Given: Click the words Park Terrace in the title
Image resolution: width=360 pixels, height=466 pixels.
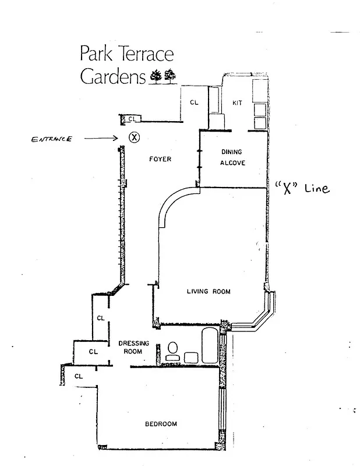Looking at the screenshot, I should point(126,54).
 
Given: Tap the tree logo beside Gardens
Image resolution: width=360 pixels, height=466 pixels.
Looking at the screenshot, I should point(163,76).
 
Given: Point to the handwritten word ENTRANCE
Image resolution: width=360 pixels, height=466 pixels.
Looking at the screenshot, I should point(52,139).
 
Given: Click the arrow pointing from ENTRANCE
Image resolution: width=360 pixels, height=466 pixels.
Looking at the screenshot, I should point(102,139).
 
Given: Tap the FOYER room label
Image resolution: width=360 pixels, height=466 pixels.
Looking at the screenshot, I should point(160,159).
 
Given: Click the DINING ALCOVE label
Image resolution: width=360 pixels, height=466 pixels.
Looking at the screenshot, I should point(232,157).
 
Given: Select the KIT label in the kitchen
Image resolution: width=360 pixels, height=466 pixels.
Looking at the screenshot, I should point(237,103).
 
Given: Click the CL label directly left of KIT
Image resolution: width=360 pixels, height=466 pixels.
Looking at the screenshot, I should point(194,103).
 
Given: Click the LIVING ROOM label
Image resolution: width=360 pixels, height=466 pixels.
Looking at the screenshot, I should point(209,292).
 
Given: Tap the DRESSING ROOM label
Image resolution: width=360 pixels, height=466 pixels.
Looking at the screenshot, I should point(133,347).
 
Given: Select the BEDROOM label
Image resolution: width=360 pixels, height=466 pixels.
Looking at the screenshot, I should point(161,423).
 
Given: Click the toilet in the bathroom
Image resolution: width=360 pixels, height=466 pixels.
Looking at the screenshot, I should point(172,350).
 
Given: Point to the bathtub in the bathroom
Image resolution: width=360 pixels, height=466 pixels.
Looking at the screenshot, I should point(209,347).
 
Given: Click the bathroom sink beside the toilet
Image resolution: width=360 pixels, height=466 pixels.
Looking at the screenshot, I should point(190,357).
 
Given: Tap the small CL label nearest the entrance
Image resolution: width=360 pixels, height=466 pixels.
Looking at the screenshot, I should point(132,119).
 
